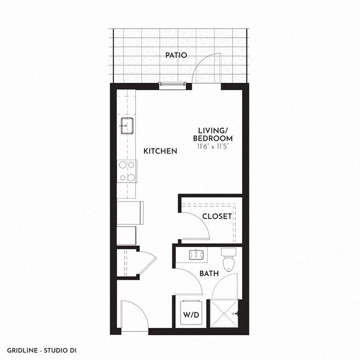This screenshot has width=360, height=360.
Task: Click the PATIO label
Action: [176, 55]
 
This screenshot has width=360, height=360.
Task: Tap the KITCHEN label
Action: [160, 151]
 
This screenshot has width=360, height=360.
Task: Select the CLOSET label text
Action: [217, 217]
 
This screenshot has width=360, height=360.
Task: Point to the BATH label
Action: [209, 273]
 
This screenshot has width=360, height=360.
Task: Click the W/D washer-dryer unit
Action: [191, 312]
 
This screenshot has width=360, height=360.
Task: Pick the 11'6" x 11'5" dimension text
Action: [213, 147]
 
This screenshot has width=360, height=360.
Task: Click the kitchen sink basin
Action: [127, 126]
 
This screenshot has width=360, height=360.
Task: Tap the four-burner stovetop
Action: [127, 171]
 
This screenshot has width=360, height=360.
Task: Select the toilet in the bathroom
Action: [228, 260]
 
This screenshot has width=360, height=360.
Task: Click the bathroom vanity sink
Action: [196, 255]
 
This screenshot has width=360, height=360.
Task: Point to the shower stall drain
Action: [224, 313]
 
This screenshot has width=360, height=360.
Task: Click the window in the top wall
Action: [172, 84]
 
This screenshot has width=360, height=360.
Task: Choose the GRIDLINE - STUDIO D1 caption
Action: [42, 350]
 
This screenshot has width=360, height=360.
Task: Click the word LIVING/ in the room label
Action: [213, 131]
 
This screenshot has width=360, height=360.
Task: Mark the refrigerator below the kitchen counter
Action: [130, 213]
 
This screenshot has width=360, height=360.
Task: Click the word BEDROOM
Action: [213, 139]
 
